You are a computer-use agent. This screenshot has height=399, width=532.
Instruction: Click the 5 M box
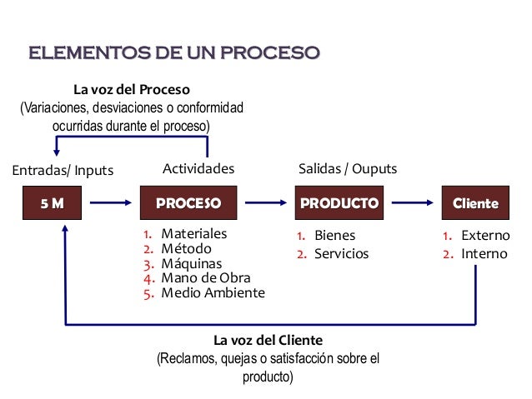coord(52,202)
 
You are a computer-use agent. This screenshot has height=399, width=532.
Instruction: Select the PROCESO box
coord(188,202)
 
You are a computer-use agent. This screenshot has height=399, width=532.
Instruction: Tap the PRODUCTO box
coord(339,202)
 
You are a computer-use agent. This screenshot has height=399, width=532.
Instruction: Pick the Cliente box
coord(474,202)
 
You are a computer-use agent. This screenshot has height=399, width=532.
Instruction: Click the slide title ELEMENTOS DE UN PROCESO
coord(174,54)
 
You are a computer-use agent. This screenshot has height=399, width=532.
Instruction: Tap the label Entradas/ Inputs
coord(62,171)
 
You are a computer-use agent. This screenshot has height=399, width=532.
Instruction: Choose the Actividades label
coord(198,169)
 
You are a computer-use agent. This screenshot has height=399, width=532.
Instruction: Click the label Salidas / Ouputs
coord(348,169)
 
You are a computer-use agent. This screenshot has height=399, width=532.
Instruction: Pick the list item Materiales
coord(193,234)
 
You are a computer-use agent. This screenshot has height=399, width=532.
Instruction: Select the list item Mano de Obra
coord(205,278)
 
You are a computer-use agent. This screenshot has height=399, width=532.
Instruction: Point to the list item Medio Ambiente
coord(213,293)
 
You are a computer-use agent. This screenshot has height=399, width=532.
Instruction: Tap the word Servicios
coord(341,253)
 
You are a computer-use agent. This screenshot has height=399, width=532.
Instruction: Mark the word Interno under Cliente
coord(484,253)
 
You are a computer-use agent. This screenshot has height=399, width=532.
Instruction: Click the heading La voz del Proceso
coord(132,89)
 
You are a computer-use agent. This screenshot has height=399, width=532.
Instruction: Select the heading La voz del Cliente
coord(268,341)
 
